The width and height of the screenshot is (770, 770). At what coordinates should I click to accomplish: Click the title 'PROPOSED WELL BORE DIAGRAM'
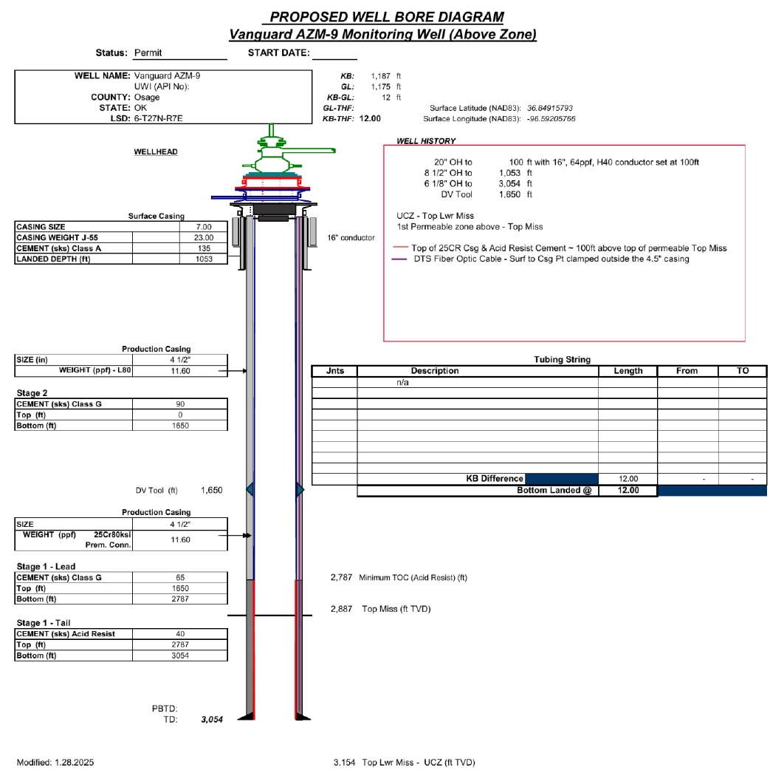(387, 17)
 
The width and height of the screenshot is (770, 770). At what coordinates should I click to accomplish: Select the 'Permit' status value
(148, 52)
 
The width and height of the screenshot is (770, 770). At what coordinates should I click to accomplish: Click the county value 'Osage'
(147, 98)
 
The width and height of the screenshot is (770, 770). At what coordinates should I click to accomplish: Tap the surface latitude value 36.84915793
(550, 108)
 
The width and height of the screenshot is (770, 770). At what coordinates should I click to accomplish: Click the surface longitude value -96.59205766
(551, 118)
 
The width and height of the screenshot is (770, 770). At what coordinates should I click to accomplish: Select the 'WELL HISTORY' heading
(426, 140)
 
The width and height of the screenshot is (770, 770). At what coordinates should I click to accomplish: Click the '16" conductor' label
(351, 238)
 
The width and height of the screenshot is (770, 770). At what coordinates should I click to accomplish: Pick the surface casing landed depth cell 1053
(204, 259)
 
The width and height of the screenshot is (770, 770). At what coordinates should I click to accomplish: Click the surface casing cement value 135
(204, 248)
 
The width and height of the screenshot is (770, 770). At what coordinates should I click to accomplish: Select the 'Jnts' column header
(334, 371)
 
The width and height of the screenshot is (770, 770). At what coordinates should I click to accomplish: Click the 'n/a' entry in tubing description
(403, 383)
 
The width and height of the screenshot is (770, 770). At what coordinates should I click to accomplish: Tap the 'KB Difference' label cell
(495, 478)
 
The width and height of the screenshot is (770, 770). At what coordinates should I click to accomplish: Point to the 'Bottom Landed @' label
(554, 490)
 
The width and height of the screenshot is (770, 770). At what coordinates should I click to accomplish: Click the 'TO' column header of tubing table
(742, 371)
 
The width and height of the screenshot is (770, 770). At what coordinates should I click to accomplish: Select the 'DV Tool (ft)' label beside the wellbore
(157, 490)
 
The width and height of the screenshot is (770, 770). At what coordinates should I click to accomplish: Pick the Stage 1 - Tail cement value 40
(180, 633)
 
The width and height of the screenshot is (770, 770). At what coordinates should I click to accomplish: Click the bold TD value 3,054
(211, 720)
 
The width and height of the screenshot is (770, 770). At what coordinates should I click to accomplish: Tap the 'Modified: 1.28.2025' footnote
(55, 761)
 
